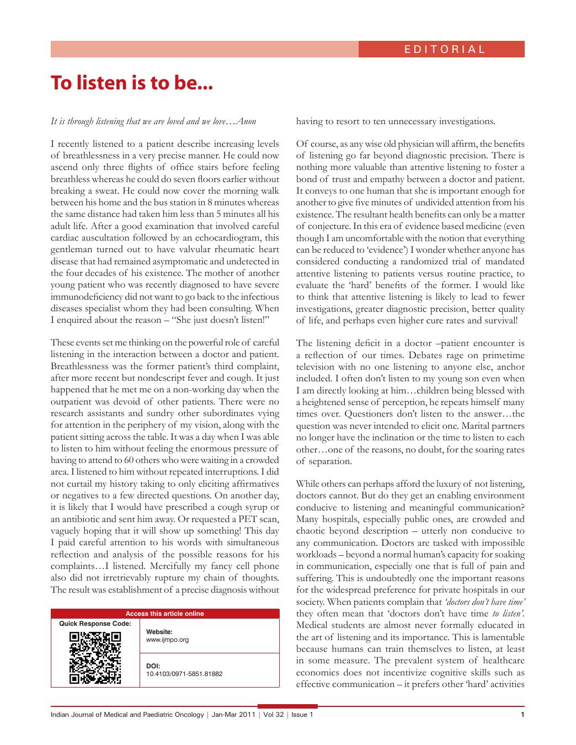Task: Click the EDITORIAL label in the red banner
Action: coord(444,49)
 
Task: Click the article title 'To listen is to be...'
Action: coord(131,83)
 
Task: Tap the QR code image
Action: coord(95,657)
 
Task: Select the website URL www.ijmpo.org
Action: coord(167,640)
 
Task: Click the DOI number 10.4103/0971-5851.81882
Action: coord(184,674)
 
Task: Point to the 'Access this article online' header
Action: coord(164,613)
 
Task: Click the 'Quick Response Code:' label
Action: coord(95,624)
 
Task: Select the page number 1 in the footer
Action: coord(522,715)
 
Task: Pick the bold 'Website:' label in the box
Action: coord(159,632)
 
